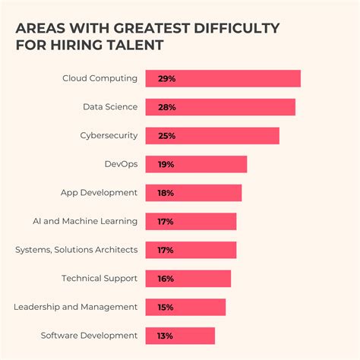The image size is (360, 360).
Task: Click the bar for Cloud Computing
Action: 223,78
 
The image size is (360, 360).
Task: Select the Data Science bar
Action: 220,107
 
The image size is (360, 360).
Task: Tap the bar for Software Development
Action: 180,336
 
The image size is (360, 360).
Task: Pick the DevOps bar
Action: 196,164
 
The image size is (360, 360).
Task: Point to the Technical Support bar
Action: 188,279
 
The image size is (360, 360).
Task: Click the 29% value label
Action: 166,78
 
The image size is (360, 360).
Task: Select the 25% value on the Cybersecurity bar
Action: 166,136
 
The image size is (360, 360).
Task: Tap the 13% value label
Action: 166,336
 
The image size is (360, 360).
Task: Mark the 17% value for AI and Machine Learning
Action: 166,222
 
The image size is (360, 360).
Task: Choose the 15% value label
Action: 166,307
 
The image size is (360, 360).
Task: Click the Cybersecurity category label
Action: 109,136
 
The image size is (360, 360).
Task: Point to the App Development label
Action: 99,193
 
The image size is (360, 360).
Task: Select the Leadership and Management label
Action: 76,307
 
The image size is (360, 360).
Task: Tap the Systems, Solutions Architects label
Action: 77,250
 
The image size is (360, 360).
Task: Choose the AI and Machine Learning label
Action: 85,222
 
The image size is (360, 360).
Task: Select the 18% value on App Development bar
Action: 166,193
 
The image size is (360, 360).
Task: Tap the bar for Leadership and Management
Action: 185,307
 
